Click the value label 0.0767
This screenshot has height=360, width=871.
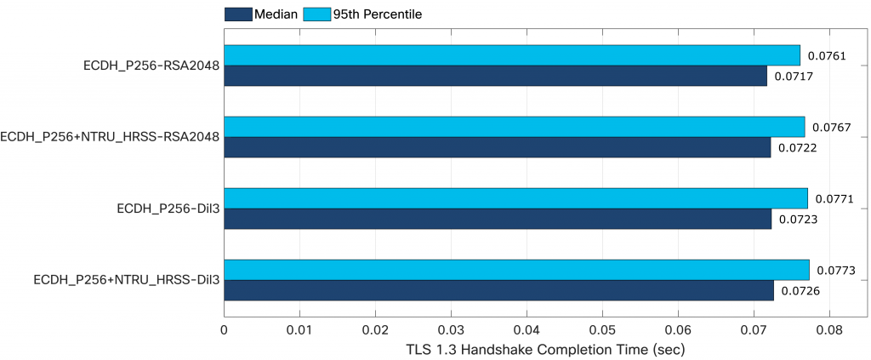pos(832,127)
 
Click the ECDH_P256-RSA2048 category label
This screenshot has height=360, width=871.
pos(152,65)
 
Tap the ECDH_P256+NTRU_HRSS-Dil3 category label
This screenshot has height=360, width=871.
pos(127,279)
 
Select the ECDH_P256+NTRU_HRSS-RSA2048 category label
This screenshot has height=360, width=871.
pos(111,136)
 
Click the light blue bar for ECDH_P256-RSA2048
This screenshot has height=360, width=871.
pos(510,54)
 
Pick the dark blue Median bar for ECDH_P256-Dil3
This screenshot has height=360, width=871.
pos(498,219)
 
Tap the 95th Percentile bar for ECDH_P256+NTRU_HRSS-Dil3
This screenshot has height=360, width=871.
pos(515,270)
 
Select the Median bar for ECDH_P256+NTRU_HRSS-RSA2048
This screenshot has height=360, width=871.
pos(497,147)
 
